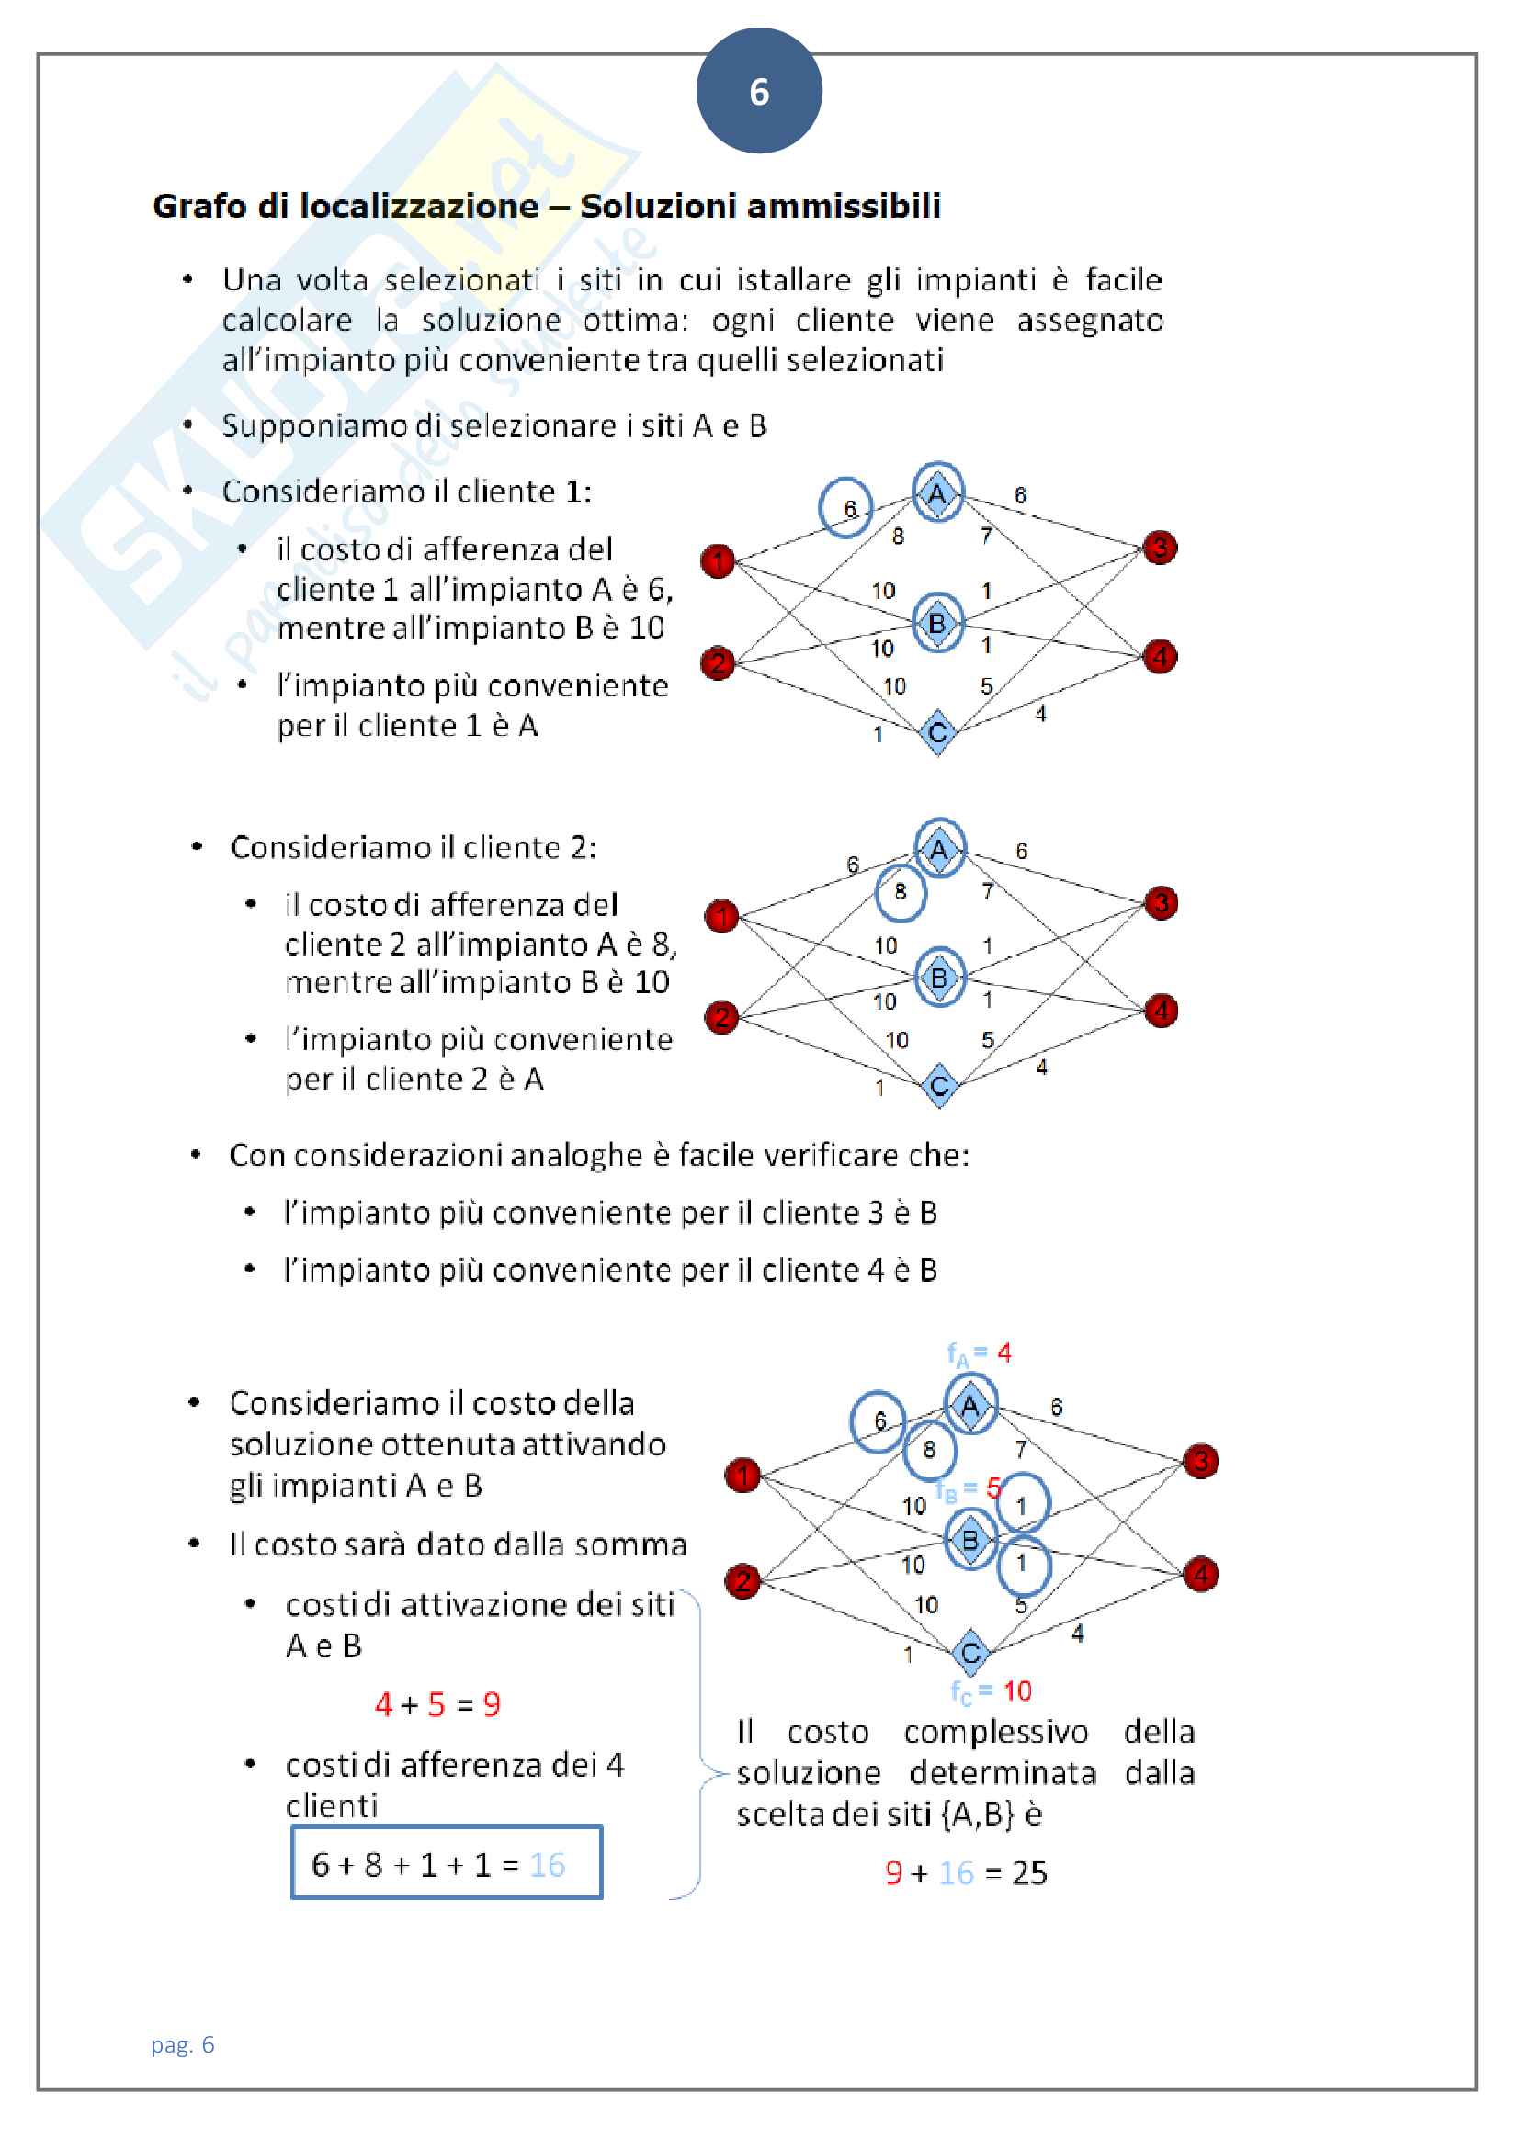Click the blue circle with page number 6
tap(758, 91)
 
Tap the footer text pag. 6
tap(183, 2044)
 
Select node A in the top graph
tap(937, 493)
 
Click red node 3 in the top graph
tap(1160, 548)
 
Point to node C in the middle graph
tap(939, 1086)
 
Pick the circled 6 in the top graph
tap(845, 508)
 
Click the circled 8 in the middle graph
tap(901, 892)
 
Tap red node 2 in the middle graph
tap(721, 1016)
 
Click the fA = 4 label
tap(978, 1353)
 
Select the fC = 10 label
tap(991, 1691)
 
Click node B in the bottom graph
tap(970, 1540)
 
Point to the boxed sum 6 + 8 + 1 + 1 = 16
tap(446, 1864)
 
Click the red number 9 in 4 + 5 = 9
tap(492, 1704)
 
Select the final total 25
tap(1029, 1872)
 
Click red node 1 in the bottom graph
tap(743, 1476)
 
